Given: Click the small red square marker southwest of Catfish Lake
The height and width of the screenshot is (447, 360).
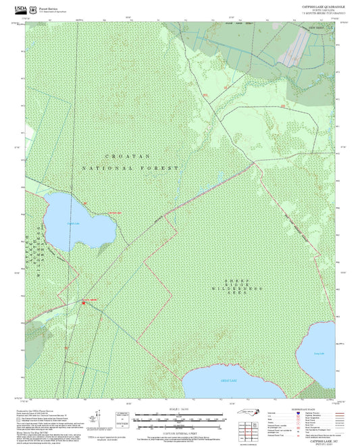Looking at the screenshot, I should (84, 303).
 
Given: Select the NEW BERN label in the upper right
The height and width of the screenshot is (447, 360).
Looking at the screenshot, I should (316, 28).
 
